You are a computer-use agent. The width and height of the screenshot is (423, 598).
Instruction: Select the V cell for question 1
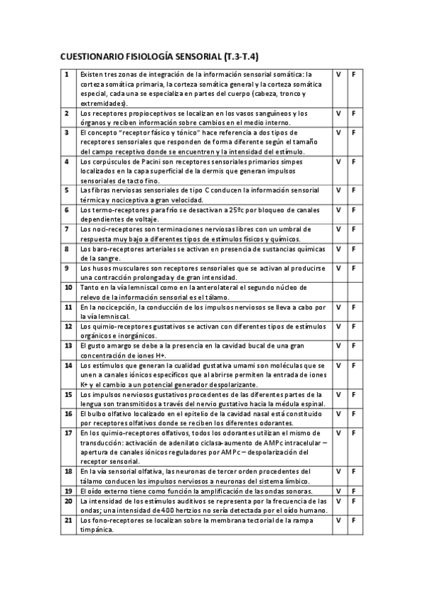338,74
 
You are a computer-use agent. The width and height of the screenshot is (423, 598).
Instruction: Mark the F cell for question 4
353,161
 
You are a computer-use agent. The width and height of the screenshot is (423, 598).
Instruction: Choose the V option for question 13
338,346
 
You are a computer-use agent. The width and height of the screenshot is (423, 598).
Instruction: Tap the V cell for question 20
338,501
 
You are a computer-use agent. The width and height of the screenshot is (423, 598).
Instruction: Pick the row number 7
66,229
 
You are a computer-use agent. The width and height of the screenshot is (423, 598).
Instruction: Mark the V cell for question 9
338,269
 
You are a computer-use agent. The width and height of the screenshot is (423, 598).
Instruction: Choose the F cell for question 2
353,113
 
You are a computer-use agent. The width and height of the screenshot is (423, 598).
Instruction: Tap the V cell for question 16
338,414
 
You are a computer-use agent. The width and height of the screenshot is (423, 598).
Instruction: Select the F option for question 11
353,307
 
